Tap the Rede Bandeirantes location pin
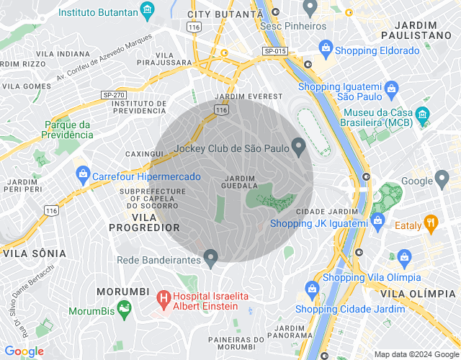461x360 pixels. coord(210,256)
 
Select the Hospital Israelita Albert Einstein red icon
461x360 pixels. coord(164,297)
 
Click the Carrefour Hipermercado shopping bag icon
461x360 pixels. coord(84,174)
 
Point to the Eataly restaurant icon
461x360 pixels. coord(431,222)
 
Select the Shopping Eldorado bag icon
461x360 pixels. coord(326,50)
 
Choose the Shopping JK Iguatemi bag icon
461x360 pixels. coord(376,220)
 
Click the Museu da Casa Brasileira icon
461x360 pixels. coord(423,114)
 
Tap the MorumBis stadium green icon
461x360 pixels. coord(125,310)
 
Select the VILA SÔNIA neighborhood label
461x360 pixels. coord(35,253)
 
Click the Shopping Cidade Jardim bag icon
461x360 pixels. coord(312,289)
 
